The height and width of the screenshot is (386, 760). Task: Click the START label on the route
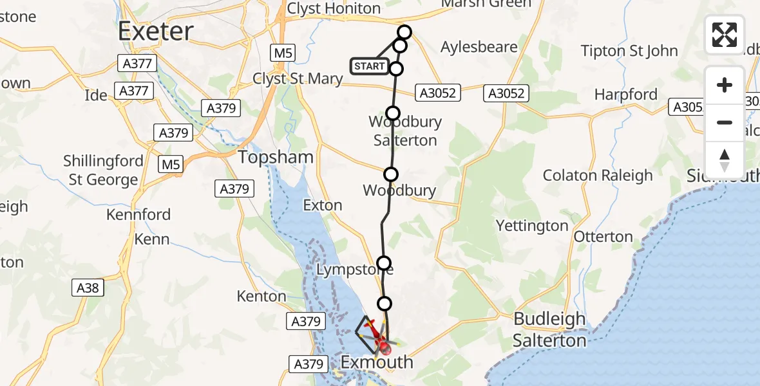click(370, 66)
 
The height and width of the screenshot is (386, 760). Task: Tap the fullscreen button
click(725, 35)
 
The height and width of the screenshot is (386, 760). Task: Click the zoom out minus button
click(725, 122)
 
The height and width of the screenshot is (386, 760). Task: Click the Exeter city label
click(156, 31)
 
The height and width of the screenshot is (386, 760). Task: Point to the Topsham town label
click(276, 157)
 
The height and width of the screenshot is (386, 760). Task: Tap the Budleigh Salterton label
click(549, 329)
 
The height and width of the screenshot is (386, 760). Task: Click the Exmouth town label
click(377, 362)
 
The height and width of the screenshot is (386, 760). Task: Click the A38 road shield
click(88, 288)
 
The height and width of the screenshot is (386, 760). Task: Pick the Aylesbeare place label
click(479, 47)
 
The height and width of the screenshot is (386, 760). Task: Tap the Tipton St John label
click(629, 51)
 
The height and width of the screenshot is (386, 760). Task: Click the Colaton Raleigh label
click(598, 176)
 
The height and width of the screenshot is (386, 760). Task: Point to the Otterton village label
click(603, 237)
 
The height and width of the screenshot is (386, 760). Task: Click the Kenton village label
click(261, 296)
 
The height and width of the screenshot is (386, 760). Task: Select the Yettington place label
click(532, 226)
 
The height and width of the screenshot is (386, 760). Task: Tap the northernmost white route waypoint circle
click(404, 32)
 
